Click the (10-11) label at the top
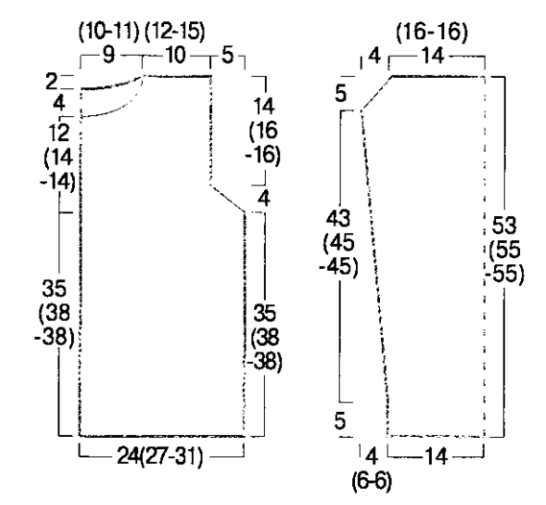[109, 32]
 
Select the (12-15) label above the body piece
[175, 32]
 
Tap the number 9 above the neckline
[108, 55]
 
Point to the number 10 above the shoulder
[176, 55]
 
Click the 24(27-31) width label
[160, 456]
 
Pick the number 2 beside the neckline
[51, 82]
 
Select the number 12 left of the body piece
[59, 132]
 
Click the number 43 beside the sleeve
[338, 218]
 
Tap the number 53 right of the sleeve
[504, 225]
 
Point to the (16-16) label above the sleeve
[432, 32]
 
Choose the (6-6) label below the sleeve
[372, 481]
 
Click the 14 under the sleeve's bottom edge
[436, 457]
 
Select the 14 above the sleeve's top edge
[433, 55]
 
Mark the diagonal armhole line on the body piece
[227, 199]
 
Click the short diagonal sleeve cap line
[377, 92]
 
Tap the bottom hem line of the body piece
[162, 436]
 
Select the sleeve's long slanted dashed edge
[374, 274]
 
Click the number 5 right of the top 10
[227, 55]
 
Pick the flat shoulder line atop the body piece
[178, 76]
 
